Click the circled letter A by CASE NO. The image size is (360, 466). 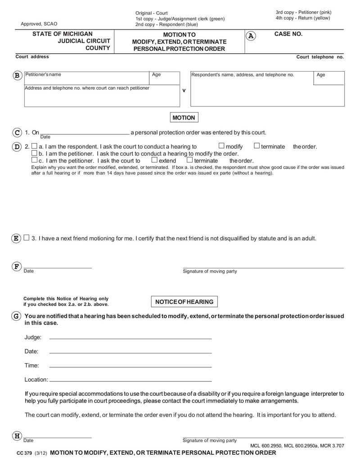pos(251,36)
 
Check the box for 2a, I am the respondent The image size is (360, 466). pos(35,146)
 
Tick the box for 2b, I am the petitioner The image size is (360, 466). pos(35,153)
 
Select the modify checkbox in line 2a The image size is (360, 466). pos(221,146)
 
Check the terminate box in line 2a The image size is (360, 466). pos(256,146)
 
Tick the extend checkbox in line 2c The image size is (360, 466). pos(154,160)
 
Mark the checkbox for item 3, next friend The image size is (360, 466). pos(27,238)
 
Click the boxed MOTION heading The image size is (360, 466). pos(184,118)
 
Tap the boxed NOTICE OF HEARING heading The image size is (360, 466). pos(184,302)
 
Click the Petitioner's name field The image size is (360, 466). pos(85,79)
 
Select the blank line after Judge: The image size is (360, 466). pos(130,338)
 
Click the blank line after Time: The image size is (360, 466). pos(130,366)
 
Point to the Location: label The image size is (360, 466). pos(36,380)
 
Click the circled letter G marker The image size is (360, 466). pos(16,316)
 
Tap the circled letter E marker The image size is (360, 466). pos(16,238)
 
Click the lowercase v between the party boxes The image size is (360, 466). pos(184,90)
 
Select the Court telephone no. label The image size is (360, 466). pos(319,57)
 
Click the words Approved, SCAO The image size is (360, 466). pos(39,24)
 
